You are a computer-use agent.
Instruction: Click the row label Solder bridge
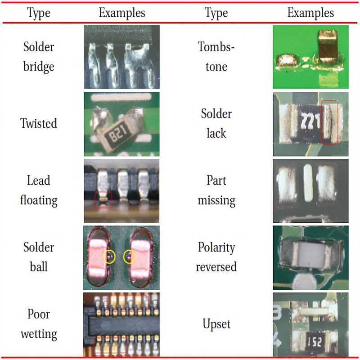(39, 57)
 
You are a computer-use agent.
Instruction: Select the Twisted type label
(39, 123)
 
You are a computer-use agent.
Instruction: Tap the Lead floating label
(39, 190)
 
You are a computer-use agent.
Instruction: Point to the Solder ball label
(39, 256)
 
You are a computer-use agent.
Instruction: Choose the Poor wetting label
(39, 324)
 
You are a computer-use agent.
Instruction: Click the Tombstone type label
(216, 57)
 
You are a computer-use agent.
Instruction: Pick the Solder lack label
(216, 123)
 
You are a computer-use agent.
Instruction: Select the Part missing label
(216, 190)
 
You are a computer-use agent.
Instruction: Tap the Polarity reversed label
(216, 256)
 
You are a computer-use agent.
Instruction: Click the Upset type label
(216, 324)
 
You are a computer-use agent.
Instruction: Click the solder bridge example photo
(121, 57)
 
